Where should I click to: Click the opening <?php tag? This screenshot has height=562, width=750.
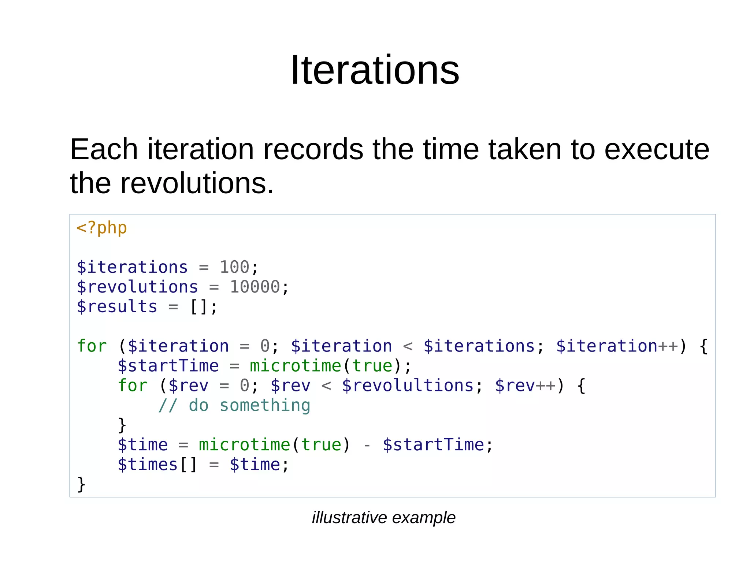(101, 228)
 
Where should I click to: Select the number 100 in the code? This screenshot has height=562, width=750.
(234, 267)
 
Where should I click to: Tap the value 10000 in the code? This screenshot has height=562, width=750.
(255, 287)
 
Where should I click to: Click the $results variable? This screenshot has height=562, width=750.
(117, 306)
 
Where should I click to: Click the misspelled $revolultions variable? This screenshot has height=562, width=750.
(408, 386)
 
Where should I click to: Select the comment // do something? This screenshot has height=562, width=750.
(234, 405)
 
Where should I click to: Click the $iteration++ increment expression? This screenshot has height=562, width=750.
(617, 346)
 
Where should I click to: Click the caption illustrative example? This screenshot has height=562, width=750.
(383, 517)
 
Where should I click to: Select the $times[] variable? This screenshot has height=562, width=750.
(157, 465)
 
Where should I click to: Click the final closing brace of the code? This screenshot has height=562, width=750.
(81, 484)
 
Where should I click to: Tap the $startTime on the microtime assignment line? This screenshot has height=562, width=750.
(168, 366)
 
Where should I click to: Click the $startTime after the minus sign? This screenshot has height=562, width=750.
(433, 445)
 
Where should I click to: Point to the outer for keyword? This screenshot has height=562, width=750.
(92, 346)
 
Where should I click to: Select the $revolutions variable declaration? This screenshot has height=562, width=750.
(137, 287)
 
